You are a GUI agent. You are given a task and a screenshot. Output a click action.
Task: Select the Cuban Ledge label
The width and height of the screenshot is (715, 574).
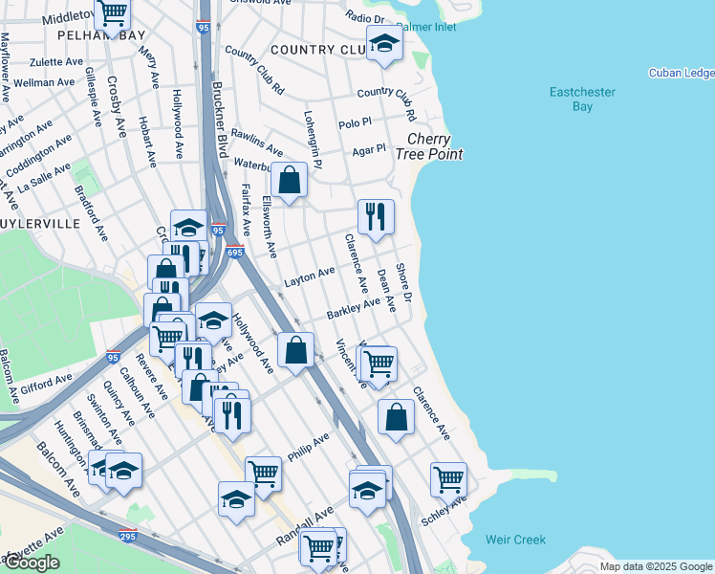[681, 73]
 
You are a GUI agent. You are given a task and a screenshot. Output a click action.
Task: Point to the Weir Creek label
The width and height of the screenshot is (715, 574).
[515, 540]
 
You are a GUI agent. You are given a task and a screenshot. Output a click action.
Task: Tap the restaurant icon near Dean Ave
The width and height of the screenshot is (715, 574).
[377, 215]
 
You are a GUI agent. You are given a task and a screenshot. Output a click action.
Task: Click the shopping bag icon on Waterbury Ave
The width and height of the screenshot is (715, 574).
[289, 179]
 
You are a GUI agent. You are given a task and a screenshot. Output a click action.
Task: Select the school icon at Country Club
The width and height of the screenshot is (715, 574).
[384, 44]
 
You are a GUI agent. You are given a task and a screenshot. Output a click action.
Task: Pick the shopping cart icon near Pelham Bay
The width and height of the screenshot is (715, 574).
[113, 12]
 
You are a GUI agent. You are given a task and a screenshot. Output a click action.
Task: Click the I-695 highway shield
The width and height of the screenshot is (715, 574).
[236, 251]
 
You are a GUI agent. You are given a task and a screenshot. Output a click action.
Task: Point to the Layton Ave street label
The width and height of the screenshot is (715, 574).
[310, 278]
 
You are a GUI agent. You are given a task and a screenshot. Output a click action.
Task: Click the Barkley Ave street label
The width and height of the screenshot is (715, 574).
[353, 309]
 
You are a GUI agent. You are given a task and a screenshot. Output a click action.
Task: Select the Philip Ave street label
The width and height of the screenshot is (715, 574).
[308, 445]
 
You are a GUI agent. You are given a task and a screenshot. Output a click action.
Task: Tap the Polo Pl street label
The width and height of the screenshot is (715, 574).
[355, 124]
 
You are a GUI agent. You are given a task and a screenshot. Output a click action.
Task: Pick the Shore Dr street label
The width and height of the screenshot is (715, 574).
[403, 284]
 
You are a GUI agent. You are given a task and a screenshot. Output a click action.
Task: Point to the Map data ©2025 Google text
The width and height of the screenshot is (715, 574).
[656, 566]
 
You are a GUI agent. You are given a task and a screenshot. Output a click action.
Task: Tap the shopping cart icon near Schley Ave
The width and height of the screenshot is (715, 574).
[448, 477]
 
